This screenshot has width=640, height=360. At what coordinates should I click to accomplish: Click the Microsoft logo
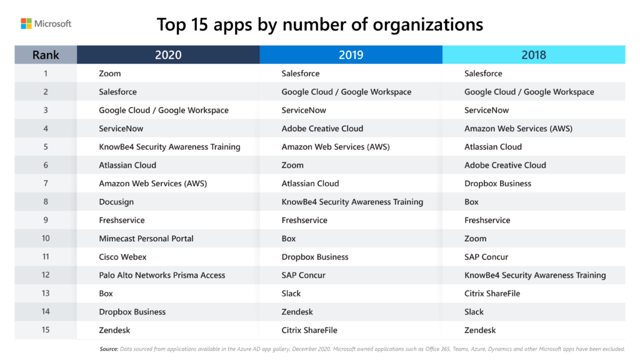46,24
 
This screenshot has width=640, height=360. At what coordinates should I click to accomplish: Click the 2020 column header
168,55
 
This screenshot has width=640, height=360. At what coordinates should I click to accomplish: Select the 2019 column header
351,55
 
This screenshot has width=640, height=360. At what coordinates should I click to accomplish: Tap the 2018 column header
533,55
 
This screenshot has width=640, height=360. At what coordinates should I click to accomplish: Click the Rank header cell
46,55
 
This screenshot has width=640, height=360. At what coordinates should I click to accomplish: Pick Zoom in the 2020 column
110,74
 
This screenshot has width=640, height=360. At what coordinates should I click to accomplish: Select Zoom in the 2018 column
475,239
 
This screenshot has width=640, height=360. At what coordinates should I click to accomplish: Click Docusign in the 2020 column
116,202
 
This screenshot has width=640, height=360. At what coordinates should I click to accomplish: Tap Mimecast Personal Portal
146,239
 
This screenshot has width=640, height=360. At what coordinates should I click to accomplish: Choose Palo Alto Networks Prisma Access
162,275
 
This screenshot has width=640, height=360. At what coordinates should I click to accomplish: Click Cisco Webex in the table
122,257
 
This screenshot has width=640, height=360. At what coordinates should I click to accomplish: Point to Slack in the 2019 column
291,294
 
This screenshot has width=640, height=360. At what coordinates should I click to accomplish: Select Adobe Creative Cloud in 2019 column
322,129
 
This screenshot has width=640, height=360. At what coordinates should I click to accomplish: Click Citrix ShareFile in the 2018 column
492,294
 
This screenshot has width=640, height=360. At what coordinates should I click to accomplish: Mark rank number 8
46,202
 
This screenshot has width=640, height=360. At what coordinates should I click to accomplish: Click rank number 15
46,330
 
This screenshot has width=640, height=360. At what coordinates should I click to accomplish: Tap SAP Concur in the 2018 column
486,257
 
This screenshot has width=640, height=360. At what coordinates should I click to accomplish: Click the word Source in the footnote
109,349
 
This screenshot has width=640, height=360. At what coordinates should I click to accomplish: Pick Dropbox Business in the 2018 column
497,184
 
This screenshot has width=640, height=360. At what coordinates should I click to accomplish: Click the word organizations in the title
428,25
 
